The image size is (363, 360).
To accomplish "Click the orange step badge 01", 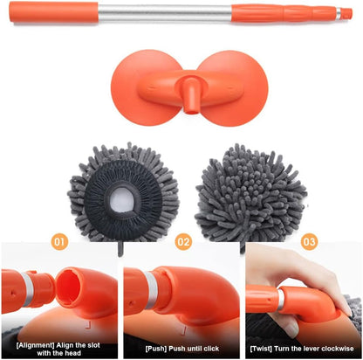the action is click(59, 242).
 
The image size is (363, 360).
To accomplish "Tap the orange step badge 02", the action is click(183, 242).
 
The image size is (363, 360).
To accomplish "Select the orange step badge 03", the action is click(309, 242).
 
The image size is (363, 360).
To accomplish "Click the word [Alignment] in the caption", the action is click(35, 345).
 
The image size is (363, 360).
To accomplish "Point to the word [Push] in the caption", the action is click(156, 349).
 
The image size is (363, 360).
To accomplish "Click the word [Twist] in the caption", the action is click(261, 349).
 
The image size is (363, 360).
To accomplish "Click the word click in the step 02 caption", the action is click(211, 349).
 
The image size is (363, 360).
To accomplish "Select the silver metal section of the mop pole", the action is click(165, 13).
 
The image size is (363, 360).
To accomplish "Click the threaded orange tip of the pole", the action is click(346, 14).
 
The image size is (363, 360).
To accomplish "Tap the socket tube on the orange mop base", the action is click(191, 95).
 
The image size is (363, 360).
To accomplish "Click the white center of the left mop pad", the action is click(122, 199).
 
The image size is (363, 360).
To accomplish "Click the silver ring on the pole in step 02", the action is click(151, 290).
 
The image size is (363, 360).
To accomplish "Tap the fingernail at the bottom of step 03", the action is click(291, 330).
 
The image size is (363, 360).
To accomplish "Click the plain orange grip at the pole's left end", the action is click(54, 12).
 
